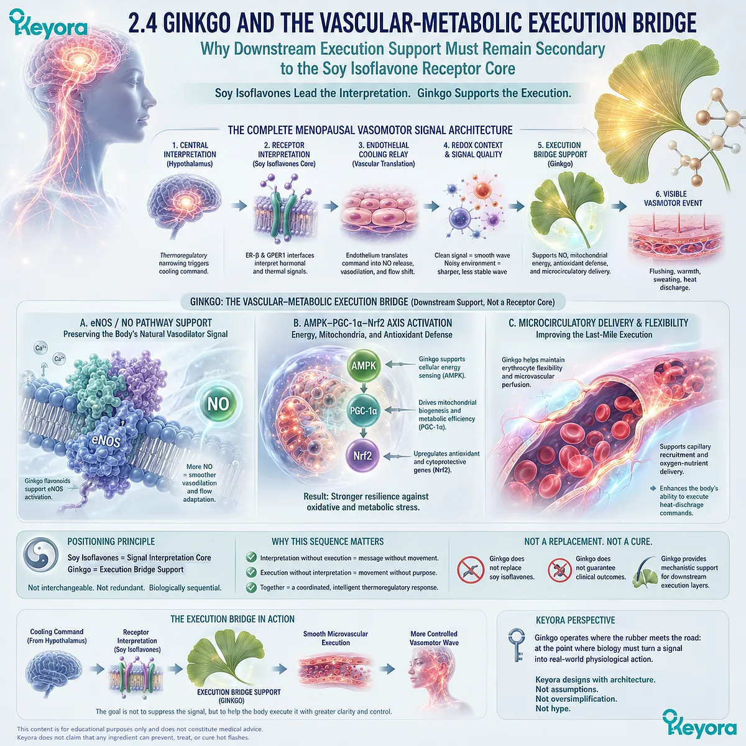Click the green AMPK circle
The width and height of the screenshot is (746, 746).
364,366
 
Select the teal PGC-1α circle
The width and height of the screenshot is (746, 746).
364,410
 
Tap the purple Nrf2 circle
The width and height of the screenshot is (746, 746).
362,456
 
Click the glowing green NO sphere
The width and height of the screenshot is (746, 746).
218,404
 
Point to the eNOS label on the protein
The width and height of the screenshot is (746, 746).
106,441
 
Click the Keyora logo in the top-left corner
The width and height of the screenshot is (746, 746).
48,24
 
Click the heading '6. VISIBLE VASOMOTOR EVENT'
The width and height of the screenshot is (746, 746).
673,198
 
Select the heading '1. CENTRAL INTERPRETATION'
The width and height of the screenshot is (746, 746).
190,150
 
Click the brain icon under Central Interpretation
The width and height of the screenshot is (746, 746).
183,205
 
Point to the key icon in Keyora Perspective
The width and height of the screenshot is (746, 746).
517,645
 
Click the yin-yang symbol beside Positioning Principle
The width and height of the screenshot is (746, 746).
40,555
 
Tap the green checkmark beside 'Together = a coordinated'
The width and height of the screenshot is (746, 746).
251,587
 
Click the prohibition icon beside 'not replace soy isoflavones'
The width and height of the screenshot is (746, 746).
471,569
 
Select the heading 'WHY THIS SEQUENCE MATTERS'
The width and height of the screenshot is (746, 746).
328,541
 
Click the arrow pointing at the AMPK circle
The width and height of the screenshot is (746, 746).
400,364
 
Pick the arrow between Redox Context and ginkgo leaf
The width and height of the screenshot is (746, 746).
517,206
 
